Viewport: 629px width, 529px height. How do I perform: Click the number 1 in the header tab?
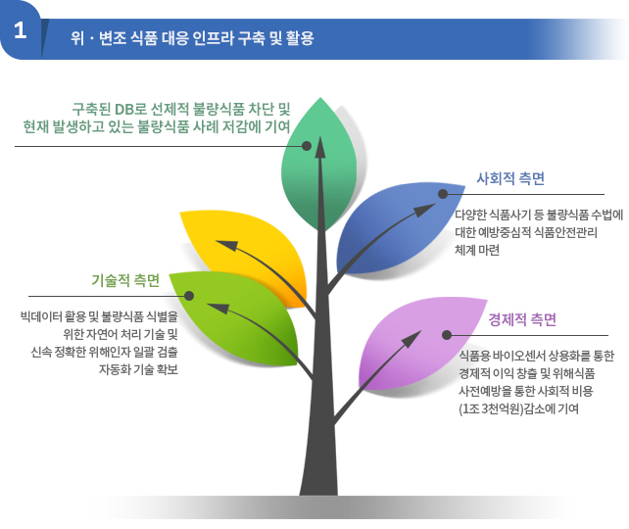pos(20,30)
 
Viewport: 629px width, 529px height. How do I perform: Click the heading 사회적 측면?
pos(510,178)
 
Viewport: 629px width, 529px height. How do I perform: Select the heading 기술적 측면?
pos(125,280)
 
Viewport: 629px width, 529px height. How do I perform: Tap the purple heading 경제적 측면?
pos(522,319)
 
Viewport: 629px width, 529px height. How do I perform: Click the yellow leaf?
pos(249,253)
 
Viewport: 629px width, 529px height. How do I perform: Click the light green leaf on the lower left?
pos(237,316)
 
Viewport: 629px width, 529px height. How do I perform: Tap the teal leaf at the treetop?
pos(319,165)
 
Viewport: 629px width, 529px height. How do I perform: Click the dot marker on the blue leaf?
pos(443,194)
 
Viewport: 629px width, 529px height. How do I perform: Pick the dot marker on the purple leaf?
pos(447,335)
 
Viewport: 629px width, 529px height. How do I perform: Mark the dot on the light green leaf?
pos(189,296)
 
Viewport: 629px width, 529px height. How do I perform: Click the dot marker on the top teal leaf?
pos(307,146)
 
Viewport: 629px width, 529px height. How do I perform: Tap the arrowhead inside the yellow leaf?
pos(226,244)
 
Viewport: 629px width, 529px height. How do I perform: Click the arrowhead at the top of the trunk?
pos(320,148)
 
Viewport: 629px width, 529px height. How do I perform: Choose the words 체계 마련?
pos(477,250)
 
